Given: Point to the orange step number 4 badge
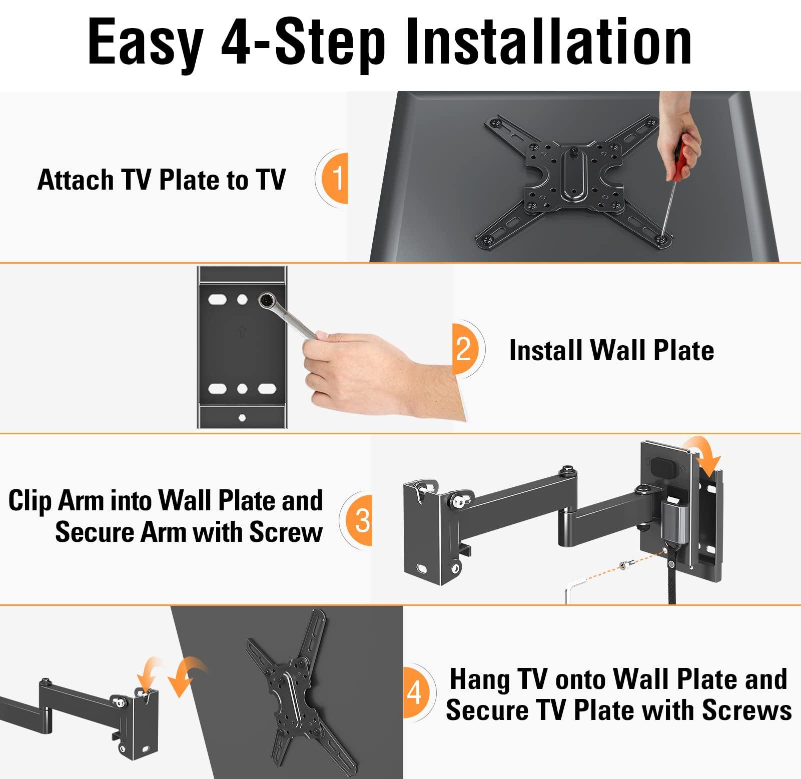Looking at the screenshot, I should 416,692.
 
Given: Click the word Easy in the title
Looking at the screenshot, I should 145,44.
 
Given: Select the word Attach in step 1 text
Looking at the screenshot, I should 76,180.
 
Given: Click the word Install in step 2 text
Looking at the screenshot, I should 546,350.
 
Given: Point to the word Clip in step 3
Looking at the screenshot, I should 30,501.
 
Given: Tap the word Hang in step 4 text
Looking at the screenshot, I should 480,679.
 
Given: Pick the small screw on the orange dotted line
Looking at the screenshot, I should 623,565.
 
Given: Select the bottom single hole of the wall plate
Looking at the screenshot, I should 242,418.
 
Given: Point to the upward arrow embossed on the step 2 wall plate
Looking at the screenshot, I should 243,332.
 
